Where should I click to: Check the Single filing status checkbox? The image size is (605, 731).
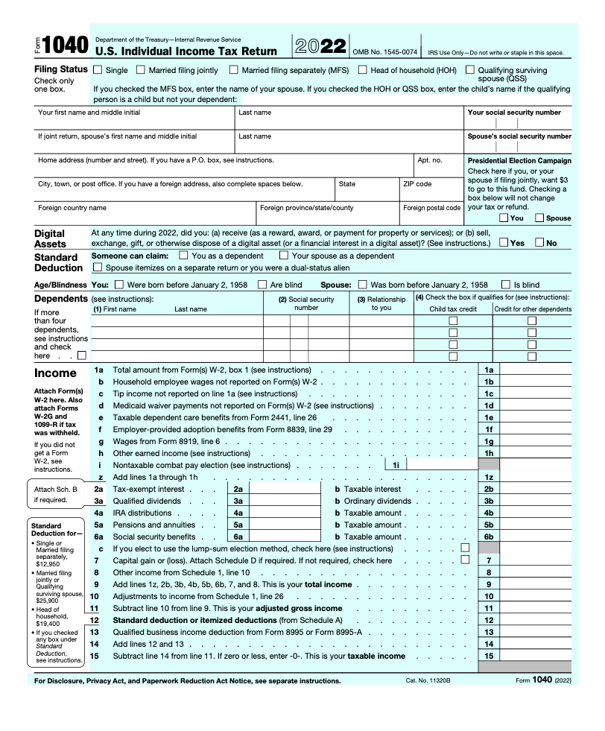(98, 70)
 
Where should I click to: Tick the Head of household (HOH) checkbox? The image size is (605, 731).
(363, 70)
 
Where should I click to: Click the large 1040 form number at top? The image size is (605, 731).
(66, 46)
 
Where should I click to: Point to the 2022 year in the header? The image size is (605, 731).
(320, 45)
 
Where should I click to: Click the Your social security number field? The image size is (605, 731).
(519, 124)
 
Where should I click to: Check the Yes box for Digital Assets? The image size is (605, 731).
(504, 242)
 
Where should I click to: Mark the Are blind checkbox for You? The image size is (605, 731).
(262, 284)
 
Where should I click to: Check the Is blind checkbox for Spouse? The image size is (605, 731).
(507, 284)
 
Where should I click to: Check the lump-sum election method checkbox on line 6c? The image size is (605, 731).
(466, 548)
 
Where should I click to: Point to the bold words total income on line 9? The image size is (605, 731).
(329, 585)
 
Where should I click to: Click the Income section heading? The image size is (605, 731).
(55, 373)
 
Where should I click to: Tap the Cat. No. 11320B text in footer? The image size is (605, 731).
(428, 681)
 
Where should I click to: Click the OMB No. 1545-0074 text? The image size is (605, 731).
(384, 52)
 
